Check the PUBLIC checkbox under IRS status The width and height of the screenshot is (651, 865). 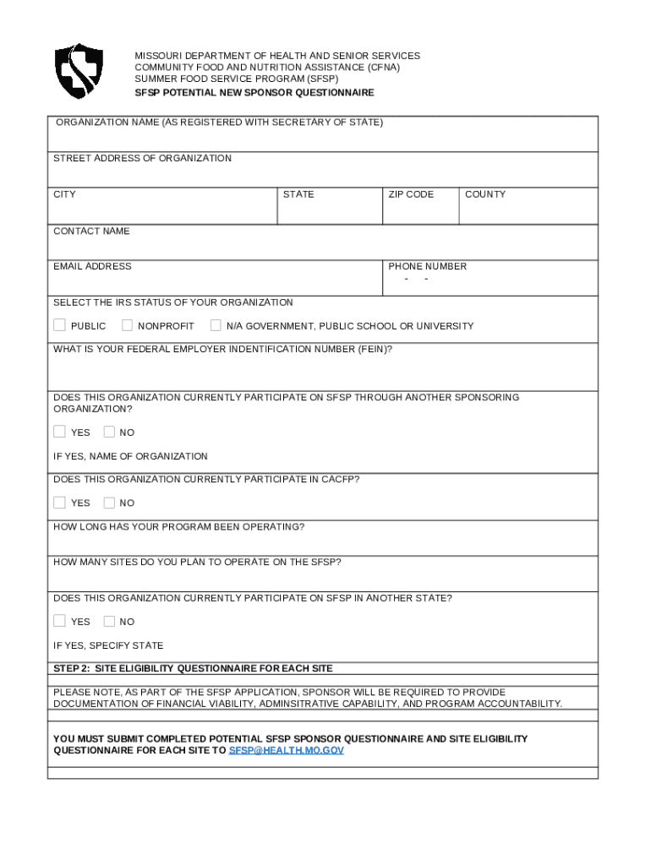tap(59, 325)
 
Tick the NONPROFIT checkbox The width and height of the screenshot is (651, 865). tap(127, 325)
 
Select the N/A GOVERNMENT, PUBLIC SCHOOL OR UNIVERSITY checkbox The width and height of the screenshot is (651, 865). tap(216, 325)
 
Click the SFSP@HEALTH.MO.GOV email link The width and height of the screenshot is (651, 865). tap(287, 750)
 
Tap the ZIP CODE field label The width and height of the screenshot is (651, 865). tap(411, 194)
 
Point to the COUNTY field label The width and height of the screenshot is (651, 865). tap(485, 194)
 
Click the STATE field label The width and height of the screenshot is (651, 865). tap(298, 194)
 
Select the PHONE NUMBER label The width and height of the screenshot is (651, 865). tap(427, 266)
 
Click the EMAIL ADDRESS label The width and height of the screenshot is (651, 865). tap(92, 266)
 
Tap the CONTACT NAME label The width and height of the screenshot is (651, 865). tap(91, 231)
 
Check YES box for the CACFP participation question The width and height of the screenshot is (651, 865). tap(59, 503)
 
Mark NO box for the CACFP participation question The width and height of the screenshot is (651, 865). tap(109, 503)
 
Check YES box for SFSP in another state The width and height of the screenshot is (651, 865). tap(59, 621)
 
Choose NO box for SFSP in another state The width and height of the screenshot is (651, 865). tap(109, 621)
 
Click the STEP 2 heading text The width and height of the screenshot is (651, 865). tap(193, 668)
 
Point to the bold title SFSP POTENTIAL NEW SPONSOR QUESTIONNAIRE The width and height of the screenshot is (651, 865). tap(254, 92)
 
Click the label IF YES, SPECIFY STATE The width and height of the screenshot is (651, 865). tap(108, 646)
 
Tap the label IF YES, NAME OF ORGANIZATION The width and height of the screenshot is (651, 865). tap(130, 456)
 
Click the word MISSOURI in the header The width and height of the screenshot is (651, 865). tap(159, 56)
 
